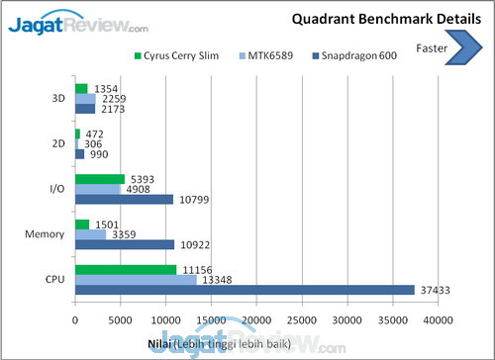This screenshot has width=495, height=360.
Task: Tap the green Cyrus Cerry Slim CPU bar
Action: (x=126, y=269)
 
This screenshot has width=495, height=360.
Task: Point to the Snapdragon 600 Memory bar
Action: (x=125, y=243)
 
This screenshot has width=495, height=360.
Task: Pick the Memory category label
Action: (x=45, y=233)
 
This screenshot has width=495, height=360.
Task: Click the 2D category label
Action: (x=58, y=144)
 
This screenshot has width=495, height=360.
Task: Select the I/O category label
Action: (x=56, y=189)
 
